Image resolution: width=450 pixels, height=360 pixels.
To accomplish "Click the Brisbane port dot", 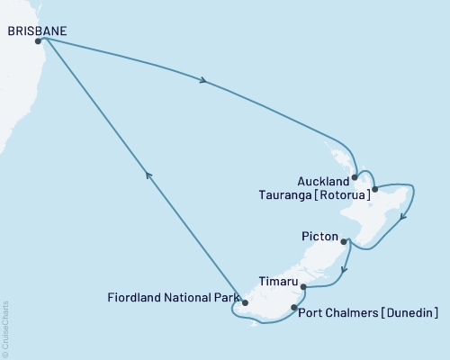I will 38,41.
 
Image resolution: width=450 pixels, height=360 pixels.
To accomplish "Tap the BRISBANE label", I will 36,30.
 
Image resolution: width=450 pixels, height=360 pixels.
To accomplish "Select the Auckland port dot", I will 355,176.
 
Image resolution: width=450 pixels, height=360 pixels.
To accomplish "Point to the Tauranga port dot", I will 374,190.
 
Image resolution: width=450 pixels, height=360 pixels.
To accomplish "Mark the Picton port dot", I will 344,240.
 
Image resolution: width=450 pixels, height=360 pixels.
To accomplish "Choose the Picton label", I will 319,238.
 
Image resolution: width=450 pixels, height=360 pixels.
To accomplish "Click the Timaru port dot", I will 303,287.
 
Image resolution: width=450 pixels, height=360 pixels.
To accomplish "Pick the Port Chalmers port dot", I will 294,309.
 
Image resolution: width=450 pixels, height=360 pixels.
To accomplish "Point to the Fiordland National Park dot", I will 243,302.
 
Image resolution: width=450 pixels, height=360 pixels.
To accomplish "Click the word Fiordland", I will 131,296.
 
